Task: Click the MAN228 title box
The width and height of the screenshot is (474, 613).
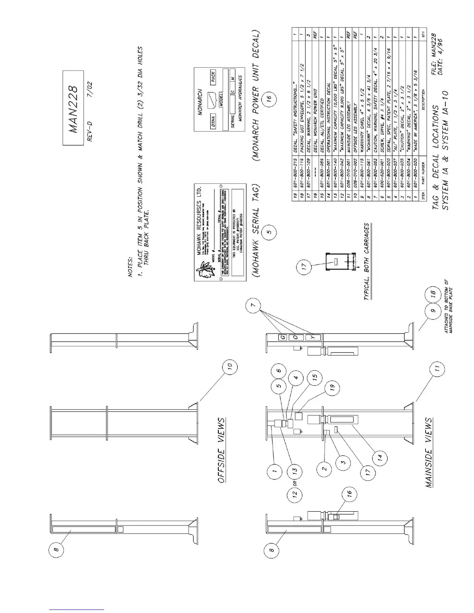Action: click(73, 108)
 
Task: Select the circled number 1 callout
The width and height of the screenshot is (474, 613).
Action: click(274, 471)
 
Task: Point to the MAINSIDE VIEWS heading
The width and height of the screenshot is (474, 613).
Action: click(429, 452)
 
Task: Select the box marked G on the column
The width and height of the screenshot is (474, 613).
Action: click(283, 337)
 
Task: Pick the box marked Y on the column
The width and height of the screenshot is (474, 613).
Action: click(314, 337)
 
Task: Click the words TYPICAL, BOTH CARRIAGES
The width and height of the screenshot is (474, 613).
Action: click(366, 261)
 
